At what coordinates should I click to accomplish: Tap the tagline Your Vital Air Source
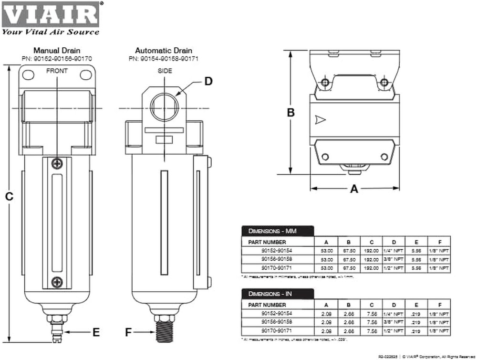coord(51,32)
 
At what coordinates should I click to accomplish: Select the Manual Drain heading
coord(57,50)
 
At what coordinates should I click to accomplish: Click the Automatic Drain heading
coord(163,50)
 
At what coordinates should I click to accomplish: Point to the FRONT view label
coord(57,71)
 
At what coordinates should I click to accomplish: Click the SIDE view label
coord(164,71)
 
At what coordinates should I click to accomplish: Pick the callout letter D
coord(208,81)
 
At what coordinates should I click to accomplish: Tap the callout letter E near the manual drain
coord(96,332)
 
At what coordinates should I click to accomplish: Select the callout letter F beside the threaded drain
coord(128,332)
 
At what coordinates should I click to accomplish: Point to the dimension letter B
coord(290,113)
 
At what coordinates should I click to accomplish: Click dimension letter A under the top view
coord(354,189)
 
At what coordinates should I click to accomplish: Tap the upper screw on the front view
coord(57,163)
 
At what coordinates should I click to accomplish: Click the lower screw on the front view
coord(57,282)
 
